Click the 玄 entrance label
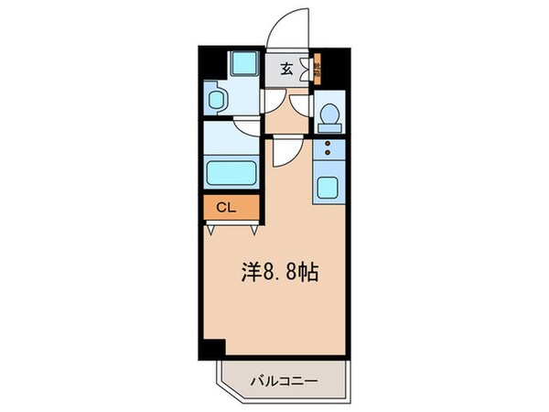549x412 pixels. click(x=285, y=67)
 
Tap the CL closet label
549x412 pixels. click(x=225, y=207)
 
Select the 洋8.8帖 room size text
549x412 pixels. click(x=285, y=271)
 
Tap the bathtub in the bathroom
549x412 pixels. click(x=232, y=172)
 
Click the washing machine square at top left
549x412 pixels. click(x=242, y=63)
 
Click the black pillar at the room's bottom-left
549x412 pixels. click(x=213, y=349)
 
